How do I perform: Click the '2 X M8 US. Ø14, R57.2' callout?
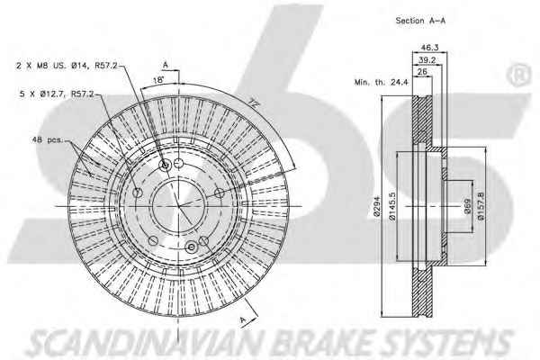point(67,67)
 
